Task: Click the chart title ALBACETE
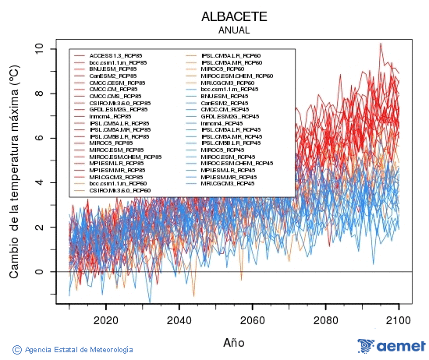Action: coord(234,16)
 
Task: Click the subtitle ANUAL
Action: coord(234,30)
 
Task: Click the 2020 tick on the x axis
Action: coord(106,319)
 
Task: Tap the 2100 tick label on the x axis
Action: coord(399,319)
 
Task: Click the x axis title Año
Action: coord(234,342)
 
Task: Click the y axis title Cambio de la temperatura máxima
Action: coord(14,172)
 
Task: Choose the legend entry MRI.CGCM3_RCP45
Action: coord(228,183)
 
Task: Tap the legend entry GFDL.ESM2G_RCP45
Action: coord(231,116)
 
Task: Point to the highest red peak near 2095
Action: coord(381,44)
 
